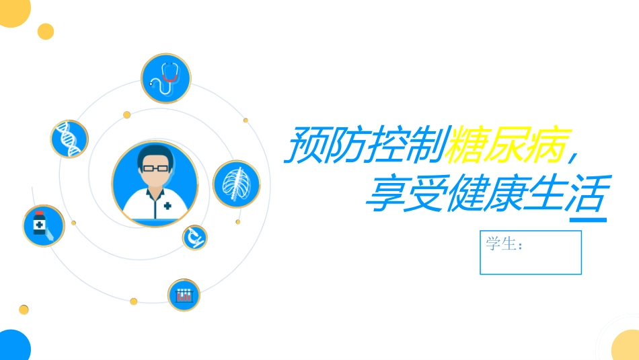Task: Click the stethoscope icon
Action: (x=165, y=79)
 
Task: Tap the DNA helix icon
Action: (x=69, y=139)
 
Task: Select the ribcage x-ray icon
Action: (x=237, y=184)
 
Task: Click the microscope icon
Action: (x=194, y=237)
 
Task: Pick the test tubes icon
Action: (x=184, y=295)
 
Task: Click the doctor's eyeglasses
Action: (x=155, y=167)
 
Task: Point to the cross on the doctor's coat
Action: (x=166, y=205)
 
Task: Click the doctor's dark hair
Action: (x=155, y=153)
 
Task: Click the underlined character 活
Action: (x=587, y=192)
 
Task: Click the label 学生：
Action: (x=504, y=244)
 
